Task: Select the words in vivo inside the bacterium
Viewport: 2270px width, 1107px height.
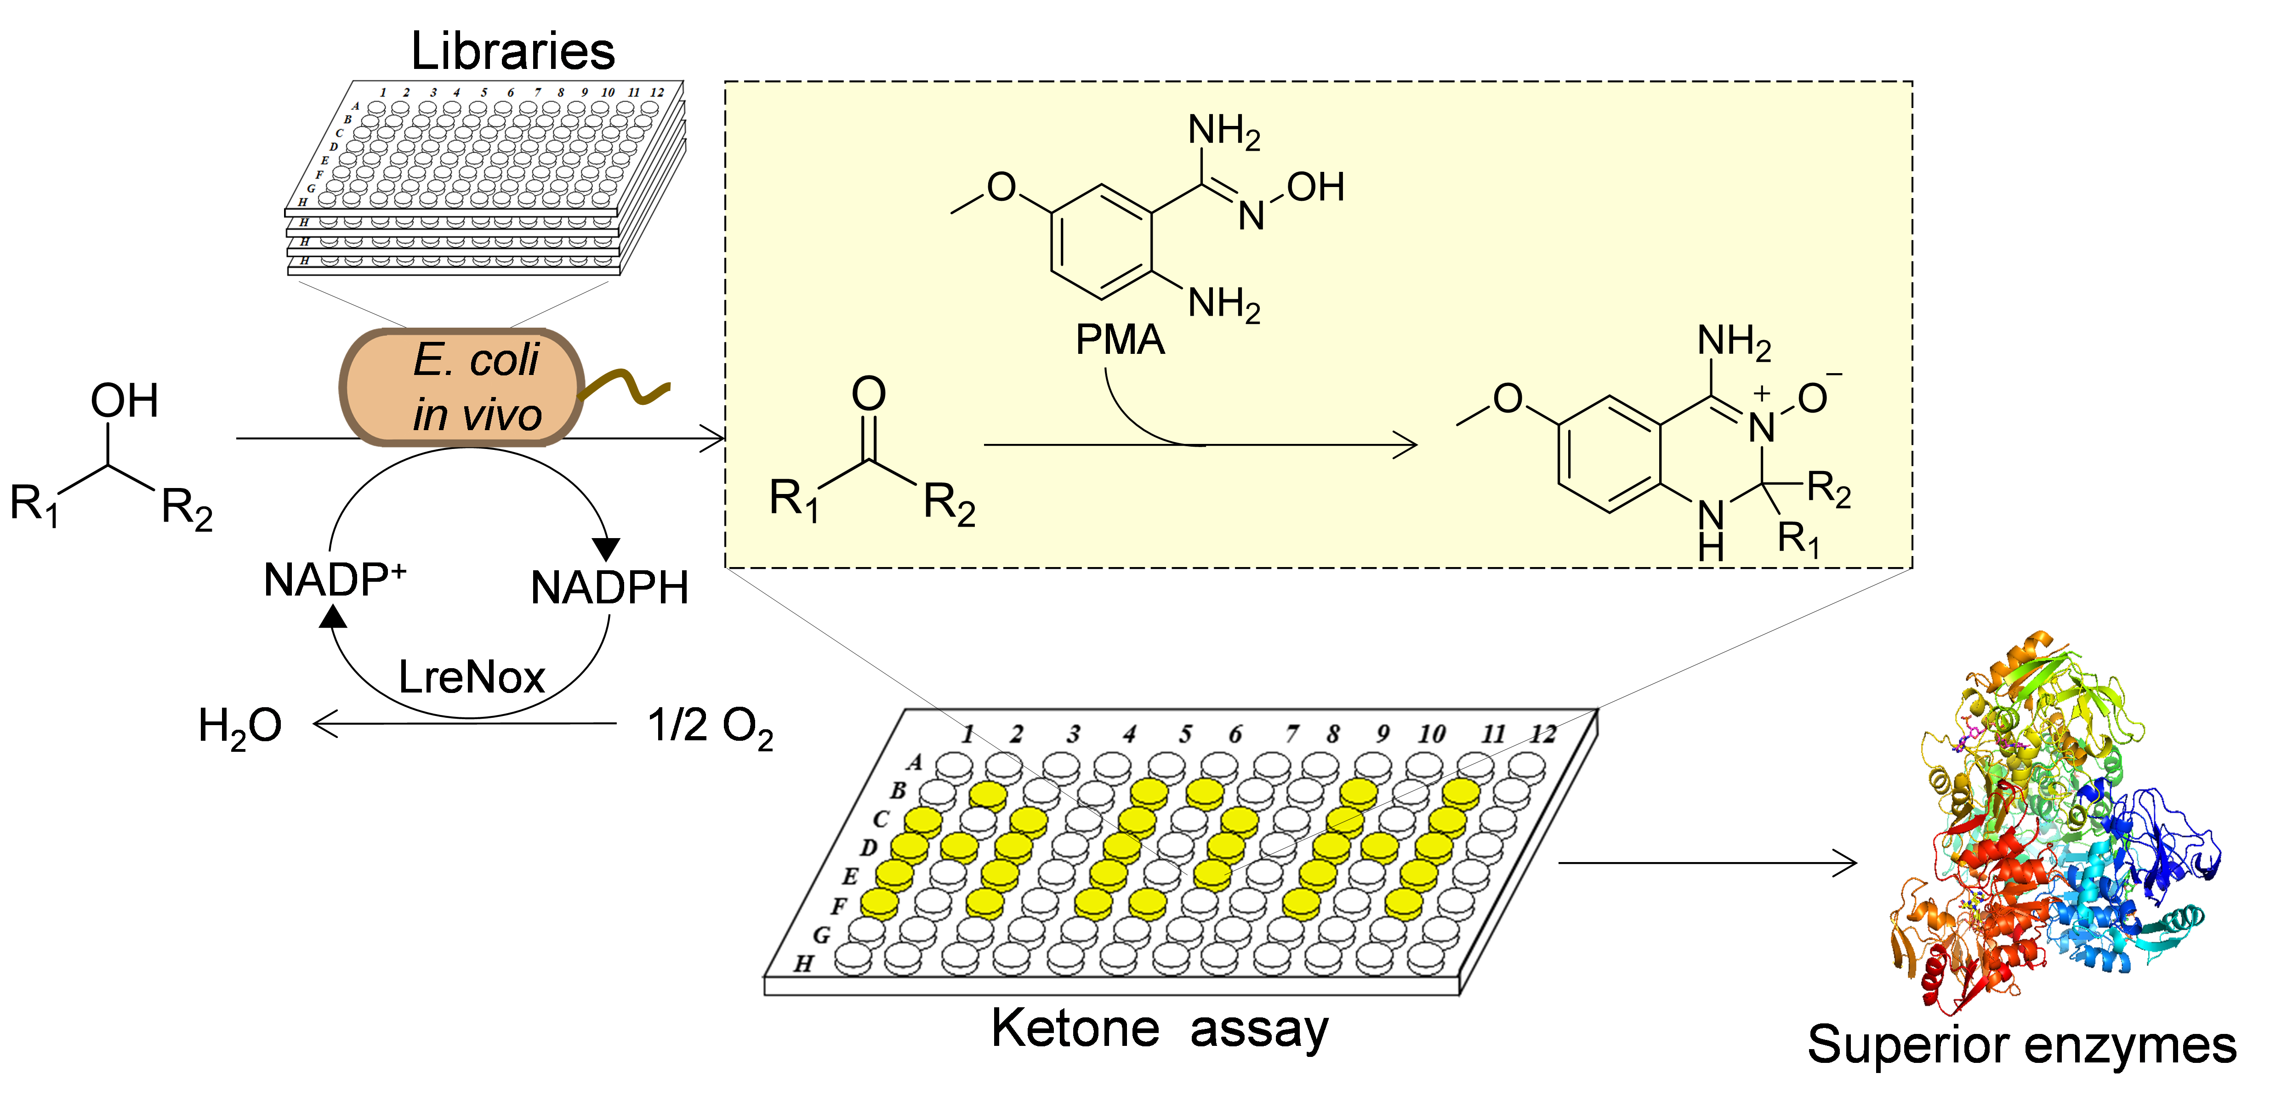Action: [x=477, y=414]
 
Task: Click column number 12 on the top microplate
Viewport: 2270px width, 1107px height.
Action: [x=656, y=91]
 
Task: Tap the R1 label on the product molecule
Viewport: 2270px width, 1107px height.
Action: [x=1798, y=538]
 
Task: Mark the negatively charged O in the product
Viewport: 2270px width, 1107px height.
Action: [x=1813, y=398]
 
